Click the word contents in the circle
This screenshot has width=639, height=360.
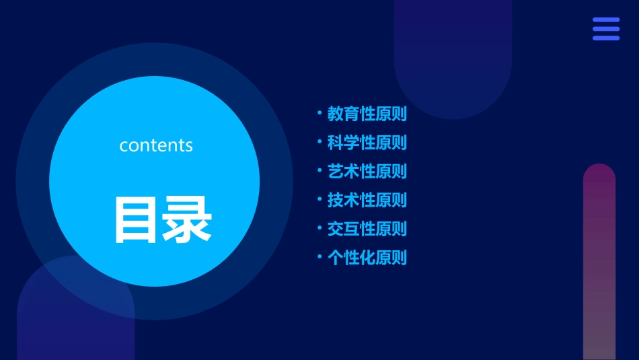click(156, 145)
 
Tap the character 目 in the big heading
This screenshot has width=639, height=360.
click(135, 219)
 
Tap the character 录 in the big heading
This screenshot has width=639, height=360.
click(185, 219)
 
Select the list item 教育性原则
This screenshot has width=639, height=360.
click(367, 114)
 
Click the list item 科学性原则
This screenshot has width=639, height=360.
click(367, 143)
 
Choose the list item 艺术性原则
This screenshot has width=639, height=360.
click(367, 172)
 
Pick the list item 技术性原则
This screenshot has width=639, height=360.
click(367, 200)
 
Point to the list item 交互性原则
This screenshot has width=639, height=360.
click(367, 229)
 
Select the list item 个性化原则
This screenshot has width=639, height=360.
click(367, 258)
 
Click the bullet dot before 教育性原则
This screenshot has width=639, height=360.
click(319, 113)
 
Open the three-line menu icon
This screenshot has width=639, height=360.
click(606, 29)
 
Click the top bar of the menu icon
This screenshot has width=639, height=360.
click(606, 20)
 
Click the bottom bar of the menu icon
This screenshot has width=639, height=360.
click(606, 38)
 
